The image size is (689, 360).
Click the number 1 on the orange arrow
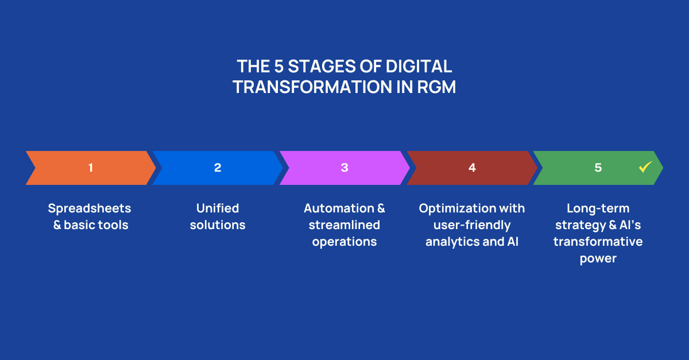coord(91,168)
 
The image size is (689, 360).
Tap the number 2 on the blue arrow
coord(218,168)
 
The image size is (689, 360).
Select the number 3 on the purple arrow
coord(344,168)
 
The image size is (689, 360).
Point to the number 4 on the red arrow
coord(472,168)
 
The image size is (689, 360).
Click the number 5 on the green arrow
coord(598,168)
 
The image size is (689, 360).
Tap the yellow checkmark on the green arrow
coord(645,167)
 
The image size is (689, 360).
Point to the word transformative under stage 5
coord(598,242)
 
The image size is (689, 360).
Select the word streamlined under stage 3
coord(344,225)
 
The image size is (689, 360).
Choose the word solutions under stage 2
coord(218,225)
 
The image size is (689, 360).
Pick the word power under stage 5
coord(598,258)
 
